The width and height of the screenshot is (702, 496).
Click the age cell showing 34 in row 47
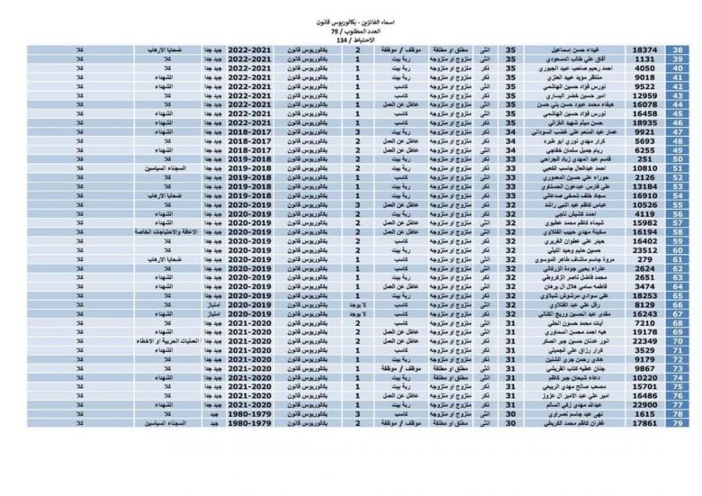512,132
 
